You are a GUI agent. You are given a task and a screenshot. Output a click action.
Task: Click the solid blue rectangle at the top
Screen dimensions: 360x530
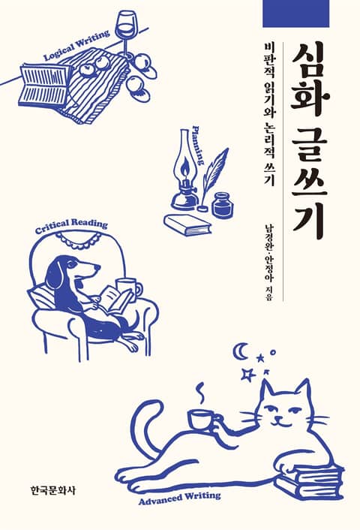coord(295,14)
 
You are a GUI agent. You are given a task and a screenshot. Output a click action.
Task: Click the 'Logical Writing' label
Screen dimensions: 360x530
coord(77,45)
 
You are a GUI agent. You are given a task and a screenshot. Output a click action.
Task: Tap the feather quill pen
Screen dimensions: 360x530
coord(213,179)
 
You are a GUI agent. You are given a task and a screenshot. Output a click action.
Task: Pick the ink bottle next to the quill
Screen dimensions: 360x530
coord(223,204)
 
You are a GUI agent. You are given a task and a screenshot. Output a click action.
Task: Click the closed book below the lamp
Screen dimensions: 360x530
coord(187,225)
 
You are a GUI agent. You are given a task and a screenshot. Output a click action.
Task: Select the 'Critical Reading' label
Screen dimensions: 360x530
coord(71,227)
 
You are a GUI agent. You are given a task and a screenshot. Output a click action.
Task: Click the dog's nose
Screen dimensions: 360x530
coord(97,267)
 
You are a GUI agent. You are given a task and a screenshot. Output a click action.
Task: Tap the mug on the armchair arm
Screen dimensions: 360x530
coord(129,290)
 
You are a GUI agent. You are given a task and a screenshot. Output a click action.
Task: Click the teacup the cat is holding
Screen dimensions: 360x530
coord(202,420)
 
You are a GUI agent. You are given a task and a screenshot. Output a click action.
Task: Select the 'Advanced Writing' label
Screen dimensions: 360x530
coord(179,498)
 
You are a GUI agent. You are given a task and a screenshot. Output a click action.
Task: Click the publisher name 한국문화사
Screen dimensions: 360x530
coord(51,490)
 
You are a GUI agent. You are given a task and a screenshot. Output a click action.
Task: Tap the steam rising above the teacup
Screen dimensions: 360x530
coord(201,393)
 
